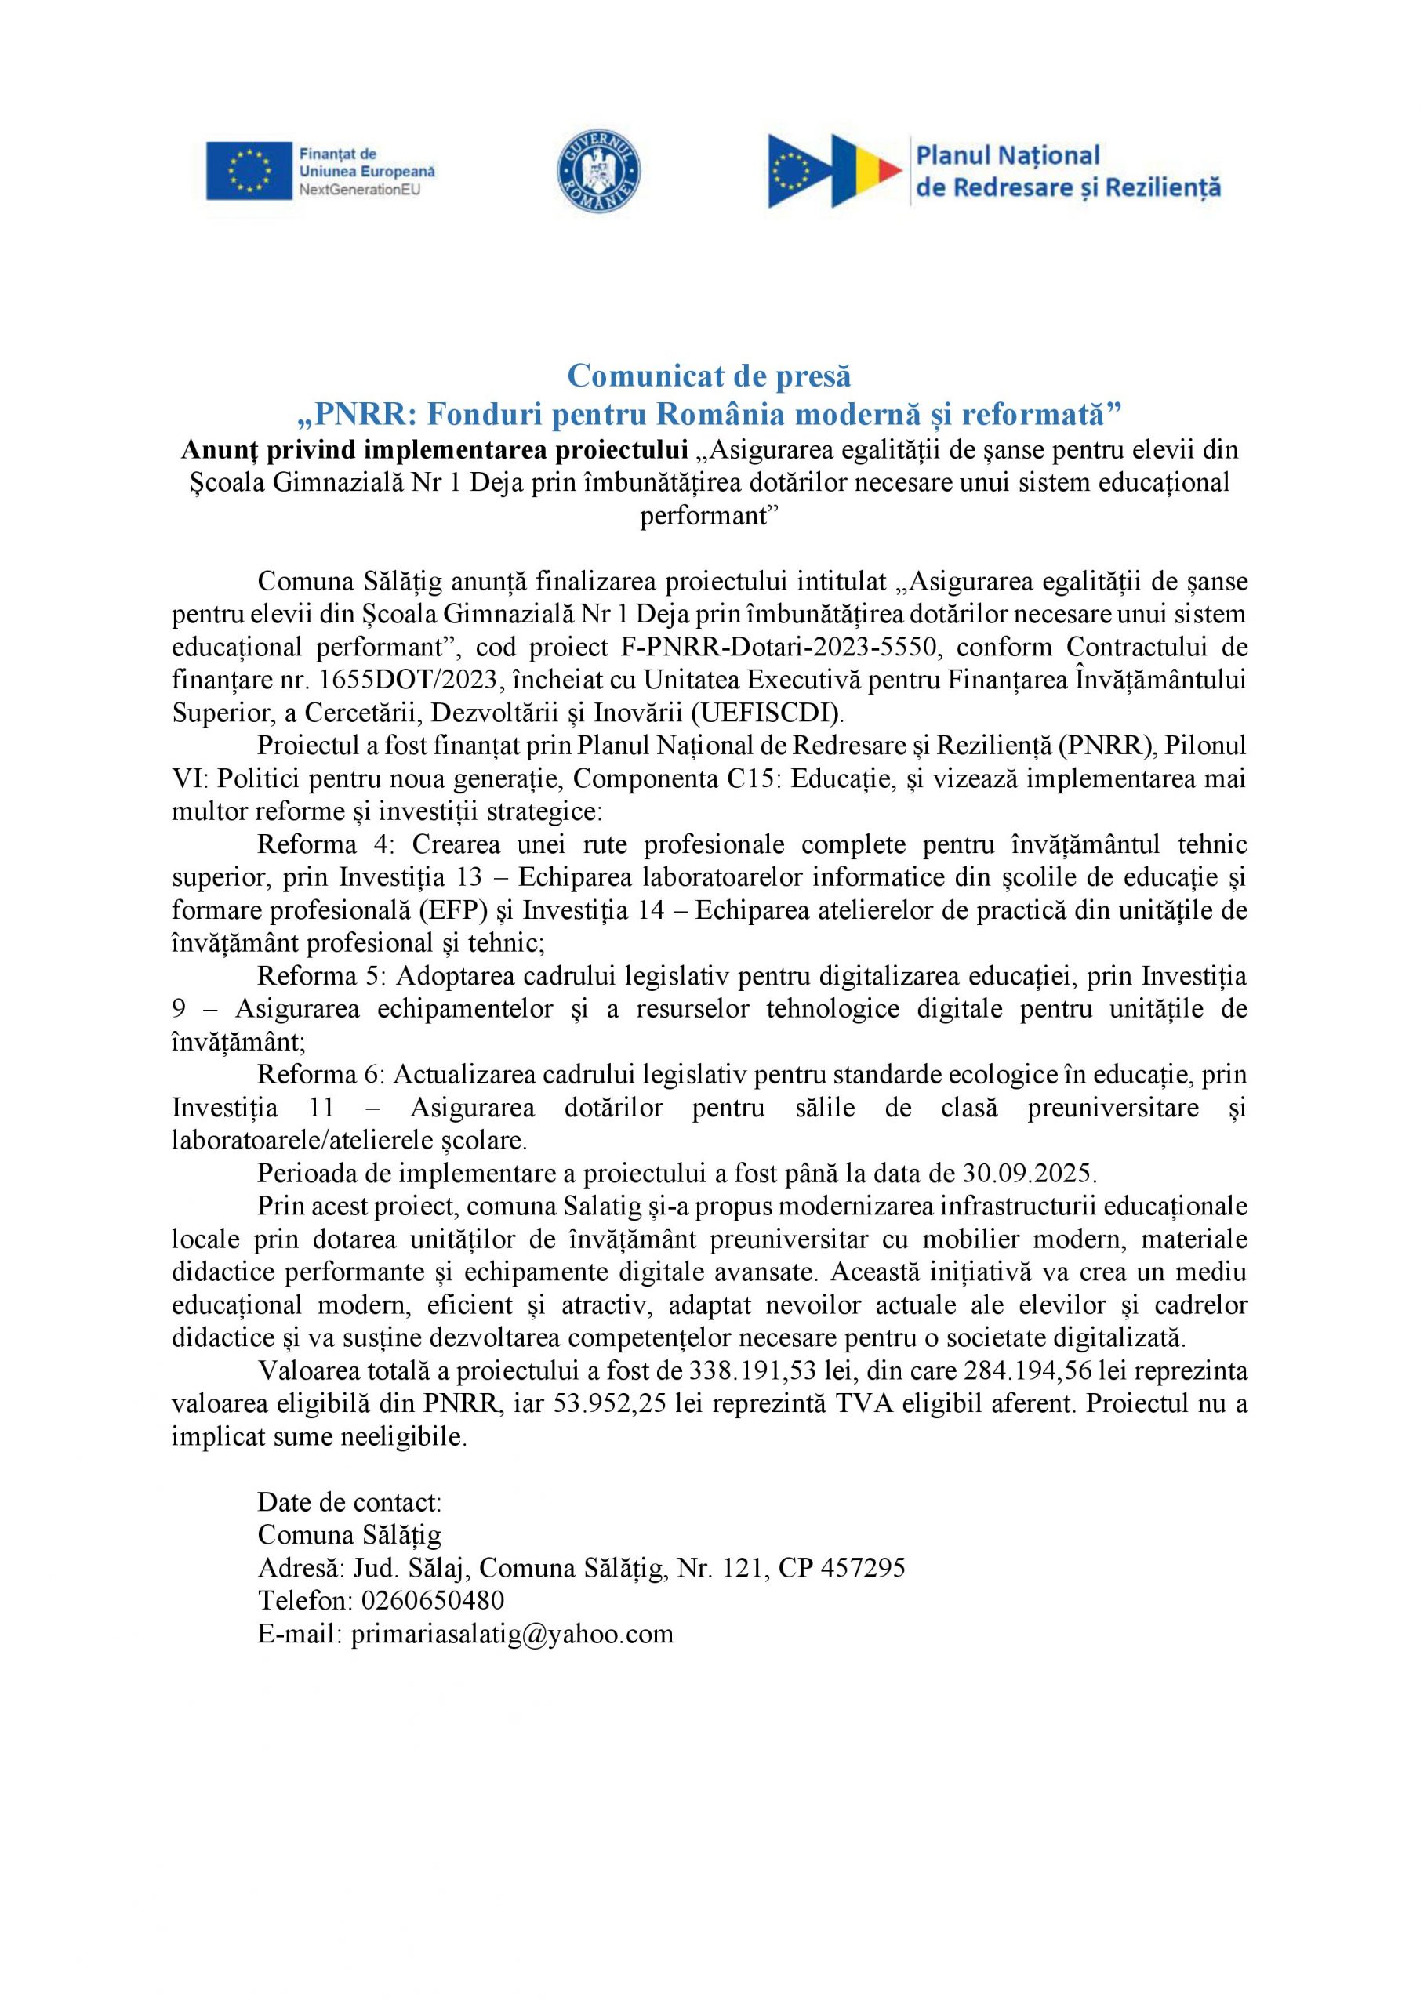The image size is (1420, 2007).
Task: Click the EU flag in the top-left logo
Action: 249,170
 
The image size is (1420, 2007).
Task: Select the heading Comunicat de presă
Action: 709,376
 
